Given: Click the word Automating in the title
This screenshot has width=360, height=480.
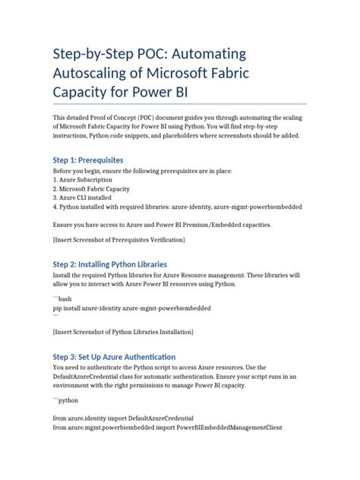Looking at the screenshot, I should [x=201, y=55].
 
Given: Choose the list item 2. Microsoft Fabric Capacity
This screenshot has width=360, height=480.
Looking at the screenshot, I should [x=91, y=188].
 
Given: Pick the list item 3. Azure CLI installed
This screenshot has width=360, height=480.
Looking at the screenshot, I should [x=84, y=197].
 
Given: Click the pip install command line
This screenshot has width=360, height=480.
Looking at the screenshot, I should [x=131, y=308].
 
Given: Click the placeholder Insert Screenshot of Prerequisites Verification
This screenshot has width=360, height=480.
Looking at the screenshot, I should [x=118, y=240].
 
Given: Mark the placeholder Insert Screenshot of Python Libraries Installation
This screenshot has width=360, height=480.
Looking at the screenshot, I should [x=123, y=332].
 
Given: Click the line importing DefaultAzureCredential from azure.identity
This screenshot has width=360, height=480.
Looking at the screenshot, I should [x=122, y=418].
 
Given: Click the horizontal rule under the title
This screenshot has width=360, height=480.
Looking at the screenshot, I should [x=179, y=103].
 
